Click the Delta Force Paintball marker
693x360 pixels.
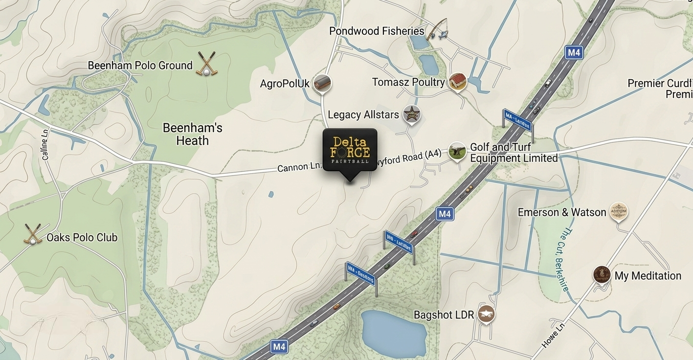(350, 150)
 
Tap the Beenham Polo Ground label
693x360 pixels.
(140, 66)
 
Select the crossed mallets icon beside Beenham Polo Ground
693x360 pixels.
(206, 64)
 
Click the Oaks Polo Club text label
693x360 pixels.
(82, 238)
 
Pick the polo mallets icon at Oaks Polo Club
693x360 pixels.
(33, 234)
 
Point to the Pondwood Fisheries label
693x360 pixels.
(377, 31)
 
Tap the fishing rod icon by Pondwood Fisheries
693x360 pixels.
(437, 30)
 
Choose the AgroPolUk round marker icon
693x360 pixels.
(322, 83)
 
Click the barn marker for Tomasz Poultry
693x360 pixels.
(457, 81)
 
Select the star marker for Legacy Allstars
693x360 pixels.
(411, 114)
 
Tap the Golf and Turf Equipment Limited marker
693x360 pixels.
(457, 151)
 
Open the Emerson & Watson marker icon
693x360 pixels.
(619, 211)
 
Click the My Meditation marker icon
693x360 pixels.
(602, 274)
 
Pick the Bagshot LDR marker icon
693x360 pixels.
(486, 314)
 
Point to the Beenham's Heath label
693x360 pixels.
(192, 134)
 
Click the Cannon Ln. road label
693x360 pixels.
(299, 167)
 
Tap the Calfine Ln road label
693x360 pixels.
(45, 144)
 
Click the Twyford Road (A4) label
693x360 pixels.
(409, 157)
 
